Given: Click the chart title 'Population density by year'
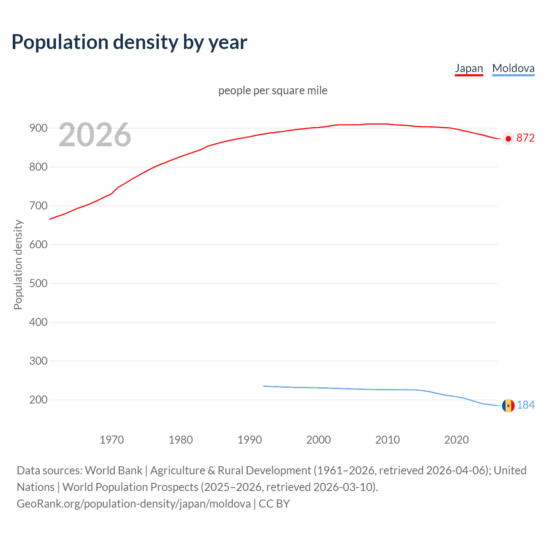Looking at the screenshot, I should pos(129,42).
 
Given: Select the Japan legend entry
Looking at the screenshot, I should pos(469,68).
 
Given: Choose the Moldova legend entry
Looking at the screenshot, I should pos(513,68).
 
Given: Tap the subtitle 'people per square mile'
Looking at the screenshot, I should pos(273,90).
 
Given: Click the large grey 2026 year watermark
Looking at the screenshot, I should pos(95,135).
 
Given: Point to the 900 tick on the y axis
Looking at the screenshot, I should pos(38,128).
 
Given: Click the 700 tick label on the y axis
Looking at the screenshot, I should pos(38,206).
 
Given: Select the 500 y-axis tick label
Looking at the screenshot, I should pos(38,283).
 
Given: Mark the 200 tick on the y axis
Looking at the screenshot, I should pos(38,400).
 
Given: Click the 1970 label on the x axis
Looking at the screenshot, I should pos(112,440).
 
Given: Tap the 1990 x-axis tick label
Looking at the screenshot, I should pos(250,440).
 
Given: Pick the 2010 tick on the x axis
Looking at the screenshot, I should pos(387,440).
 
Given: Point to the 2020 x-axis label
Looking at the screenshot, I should pos(456,440).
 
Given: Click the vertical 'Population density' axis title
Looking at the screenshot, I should pos(18,264).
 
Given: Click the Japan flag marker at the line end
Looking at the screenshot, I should pos(508,139).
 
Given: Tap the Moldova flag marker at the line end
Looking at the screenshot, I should pos(508,406).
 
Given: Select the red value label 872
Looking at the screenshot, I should pos(526,138).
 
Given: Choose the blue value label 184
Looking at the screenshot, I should pos(526,405).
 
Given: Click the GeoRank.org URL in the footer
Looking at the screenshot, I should pos(134,504).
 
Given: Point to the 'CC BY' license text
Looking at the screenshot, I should pos(274,504).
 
